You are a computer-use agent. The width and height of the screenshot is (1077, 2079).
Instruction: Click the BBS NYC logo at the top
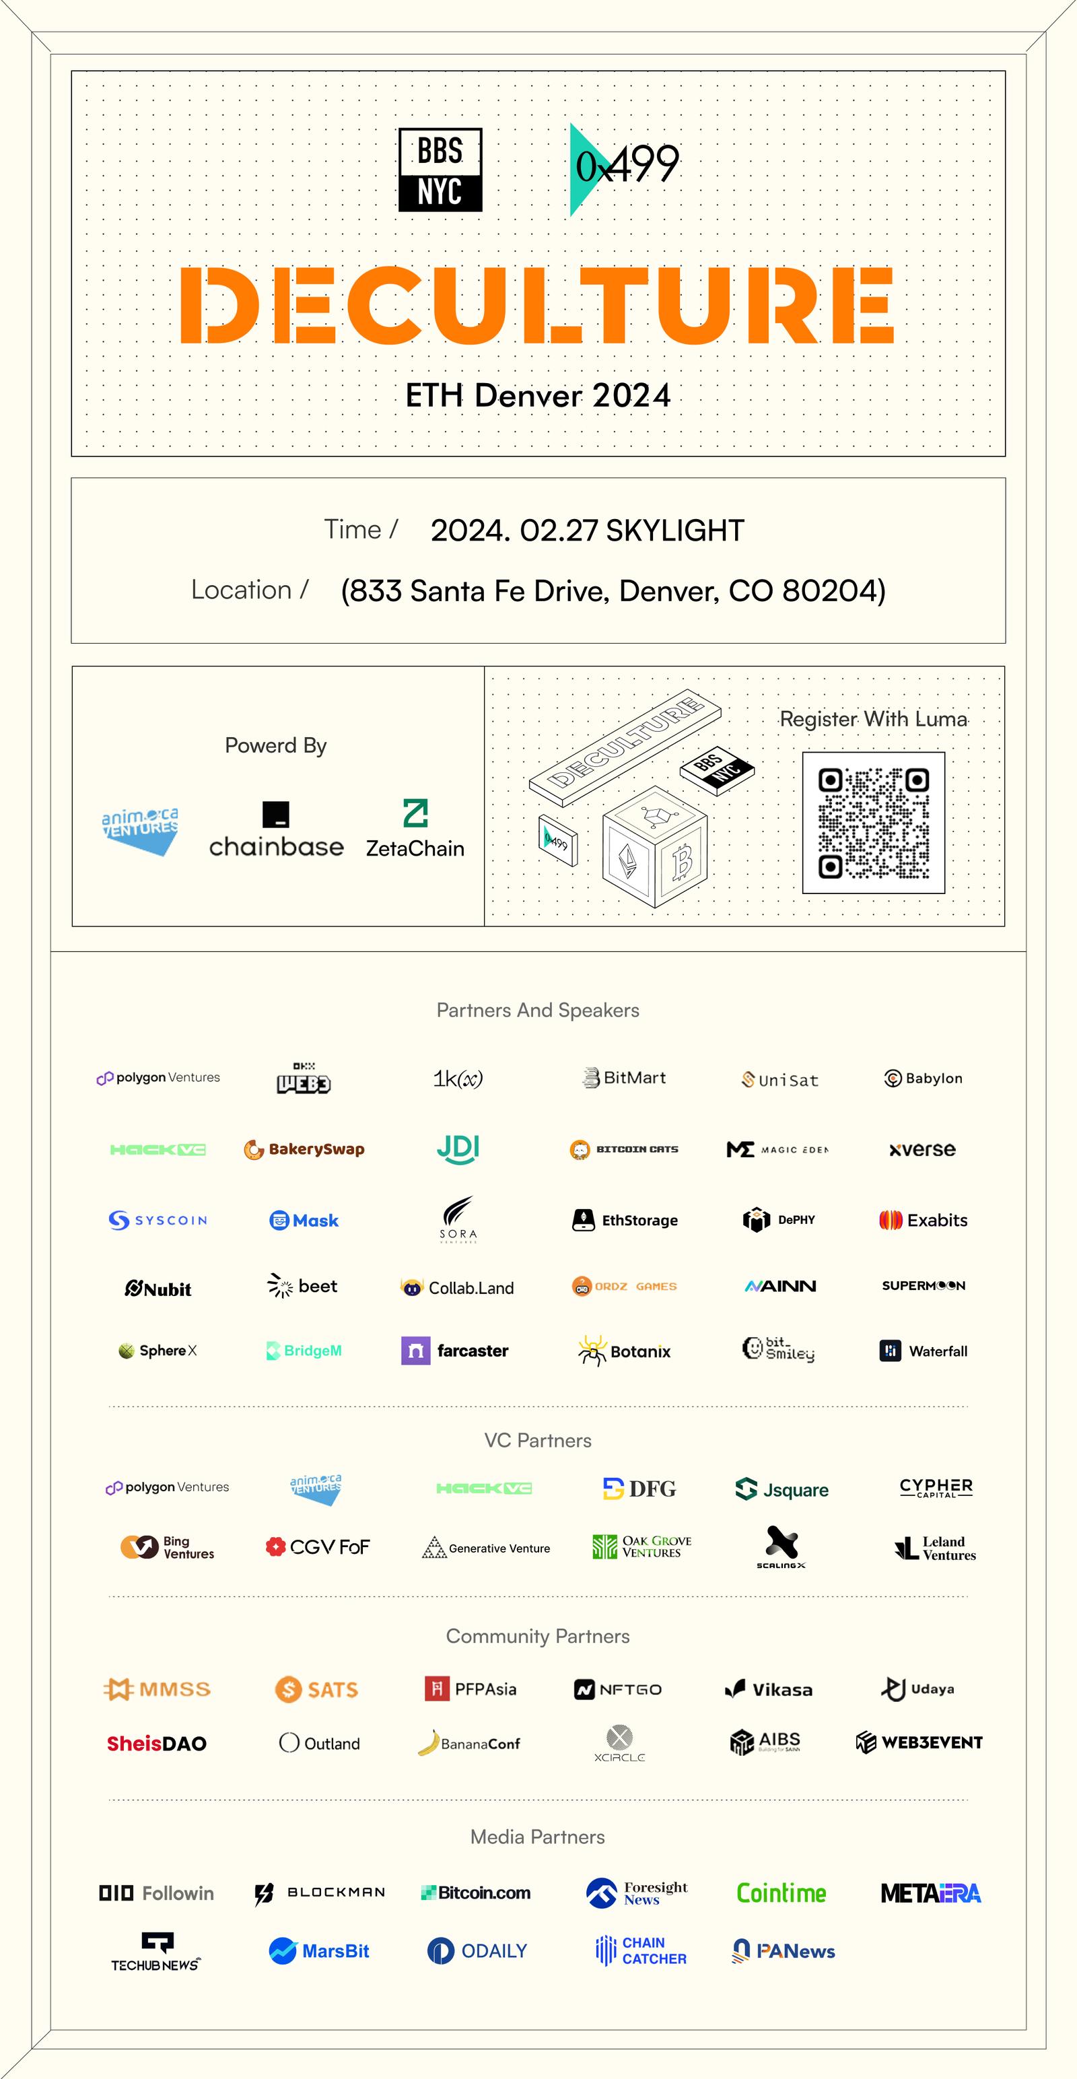440,170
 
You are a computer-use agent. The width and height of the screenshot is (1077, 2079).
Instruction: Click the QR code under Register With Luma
874,823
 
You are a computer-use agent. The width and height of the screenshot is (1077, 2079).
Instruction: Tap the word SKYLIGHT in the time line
674,531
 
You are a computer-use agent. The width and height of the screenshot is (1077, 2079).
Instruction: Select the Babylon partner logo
923,1079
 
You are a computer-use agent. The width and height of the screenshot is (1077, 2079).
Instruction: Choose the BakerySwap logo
304,1149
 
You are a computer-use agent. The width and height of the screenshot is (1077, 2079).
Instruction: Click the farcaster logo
455,1351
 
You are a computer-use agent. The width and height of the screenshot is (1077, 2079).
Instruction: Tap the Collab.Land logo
458,1288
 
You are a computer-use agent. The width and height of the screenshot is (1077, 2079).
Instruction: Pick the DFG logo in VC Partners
639,1489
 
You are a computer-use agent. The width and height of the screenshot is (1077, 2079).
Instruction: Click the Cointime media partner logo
781,1893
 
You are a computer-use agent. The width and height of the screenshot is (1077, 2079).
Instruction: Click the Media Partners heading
537,1837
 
